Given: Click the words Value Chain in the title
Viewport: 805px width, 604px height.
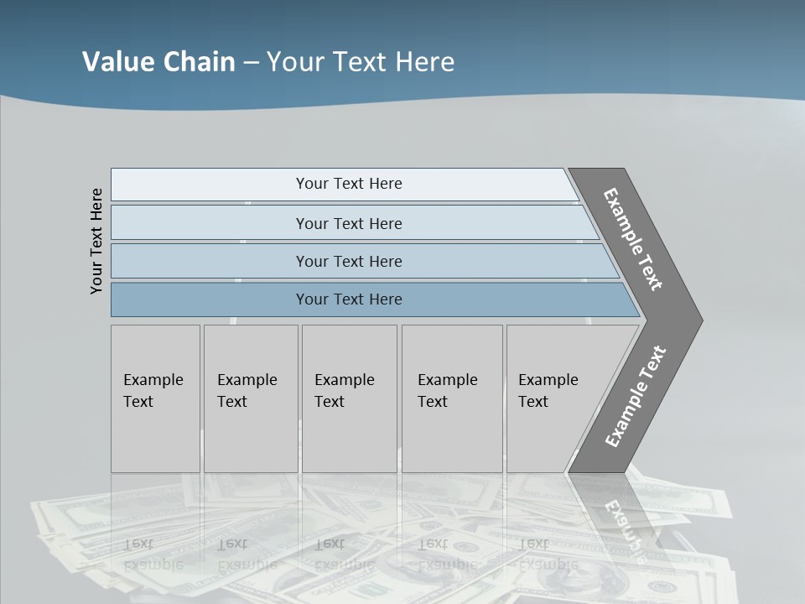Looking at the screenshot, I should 158,61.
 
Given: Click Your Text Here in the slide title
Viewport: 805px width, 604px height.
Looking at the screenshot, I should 361,61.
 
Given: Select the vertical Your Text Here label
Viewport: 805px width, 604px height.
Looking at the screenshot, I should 96,241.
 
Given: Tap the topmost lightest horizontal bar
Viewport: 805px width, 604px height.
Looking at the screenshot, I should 349,184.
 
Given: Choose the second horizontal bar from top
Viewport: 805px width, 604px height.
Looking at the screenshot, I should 349,223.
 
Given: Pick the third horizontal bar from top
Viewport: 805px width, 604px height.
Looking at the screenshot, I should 349,261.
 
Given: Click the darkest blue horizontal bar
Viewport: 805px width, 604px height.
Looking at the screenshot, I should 349,299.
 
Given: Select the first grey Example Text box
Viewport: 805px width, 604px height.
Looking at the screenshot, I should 155,398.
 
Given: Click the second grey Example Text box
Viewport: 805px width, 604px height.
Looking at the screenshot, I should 250,398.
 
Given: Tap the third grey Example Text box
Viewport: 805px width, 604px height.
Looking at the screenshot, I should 348,398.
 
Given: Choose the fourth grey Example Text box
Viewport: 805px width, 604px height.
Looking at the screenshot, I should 451,398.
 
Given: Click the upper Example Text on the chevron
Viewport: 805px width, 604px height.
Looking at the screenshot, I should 634,239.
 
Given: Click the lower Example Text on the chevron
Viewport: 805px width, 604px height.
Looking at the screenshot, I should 636,397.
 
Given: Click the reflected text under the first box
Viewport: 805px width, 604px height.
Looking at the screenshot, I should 153,555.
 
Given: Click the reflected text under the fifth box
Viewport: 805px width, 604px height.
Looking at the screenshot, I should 548,555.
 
